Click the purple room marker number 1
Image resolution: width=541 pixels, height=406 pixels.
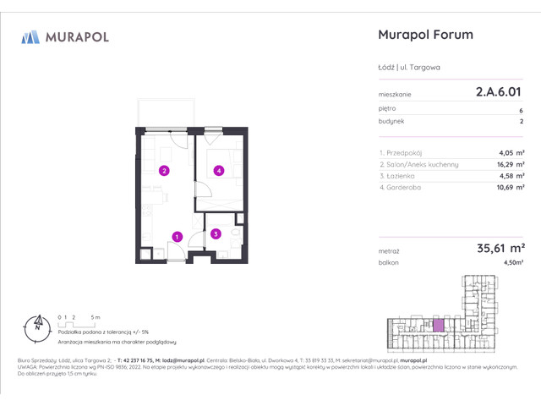coord(177,237)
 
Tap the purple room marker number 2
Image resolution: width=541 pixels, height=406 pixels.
coord(164,171)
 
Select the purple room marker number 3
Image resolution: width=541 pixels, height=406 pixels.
coord(216,234)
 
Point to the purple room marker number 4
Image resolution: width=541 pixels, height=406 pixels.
coord(218,171)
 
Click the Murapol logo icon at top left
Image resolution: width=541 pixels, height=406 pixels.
coord(30,36)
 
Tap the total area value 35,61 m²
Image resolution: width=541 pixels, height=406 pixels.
coord(495,249)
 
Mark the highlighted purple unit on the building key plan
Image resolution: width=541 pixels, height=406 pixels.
coord(438,325)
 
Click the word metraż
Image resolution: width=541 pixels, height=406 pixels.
coord(390,251)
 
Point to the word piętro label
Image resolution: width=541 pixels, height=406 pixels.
coord(388,109)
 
